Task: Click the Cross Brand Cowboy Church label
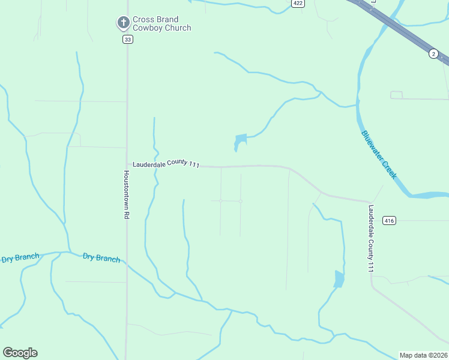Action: point(161,23)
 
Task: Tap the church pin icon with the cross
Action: point(123,23)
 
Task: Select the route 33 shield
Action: point(127,39)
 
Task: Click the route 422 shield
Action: point(298,3)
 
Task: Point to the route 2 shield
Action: point(433,54)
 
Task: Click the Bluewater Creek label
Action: point(379,154)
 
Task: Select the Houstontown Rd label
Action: point(127,194)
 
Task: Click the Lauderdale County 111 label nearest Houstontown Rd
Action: point(166,164)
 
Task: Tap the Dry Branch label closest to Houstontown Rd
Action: point(101,258)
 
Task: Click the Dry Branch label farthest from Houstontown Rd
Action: point(20,258)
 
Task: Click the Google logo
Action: point(20,353)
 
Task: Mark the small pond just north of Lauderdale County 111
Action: point(240,142)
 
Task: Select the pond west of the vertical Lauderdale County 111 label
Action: point(339,279)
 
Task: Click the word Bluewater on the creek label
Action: point(373,146)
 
